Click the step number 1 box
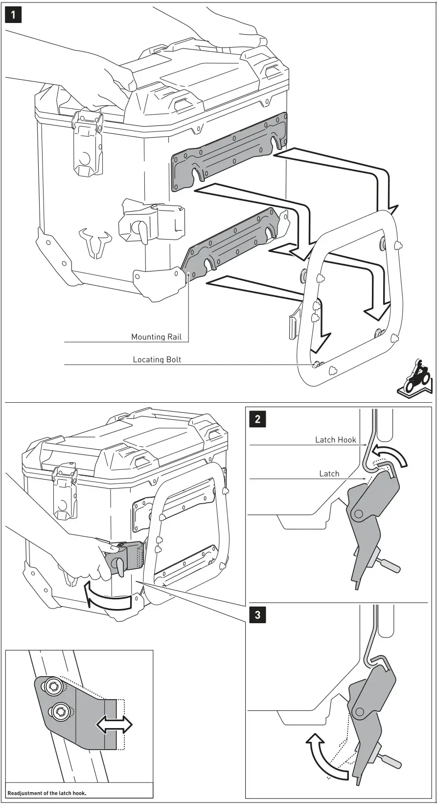13,15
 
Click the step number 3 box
258,615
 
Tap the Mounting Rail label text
156,337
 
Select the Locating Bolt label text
157,360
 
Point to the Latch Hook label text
335,439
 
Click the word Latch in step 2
329,473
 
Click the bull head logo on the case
98,243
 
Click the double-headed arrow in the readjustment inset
114,724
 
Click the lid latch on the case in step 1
89,142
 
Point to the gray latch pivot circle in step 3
363,711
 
